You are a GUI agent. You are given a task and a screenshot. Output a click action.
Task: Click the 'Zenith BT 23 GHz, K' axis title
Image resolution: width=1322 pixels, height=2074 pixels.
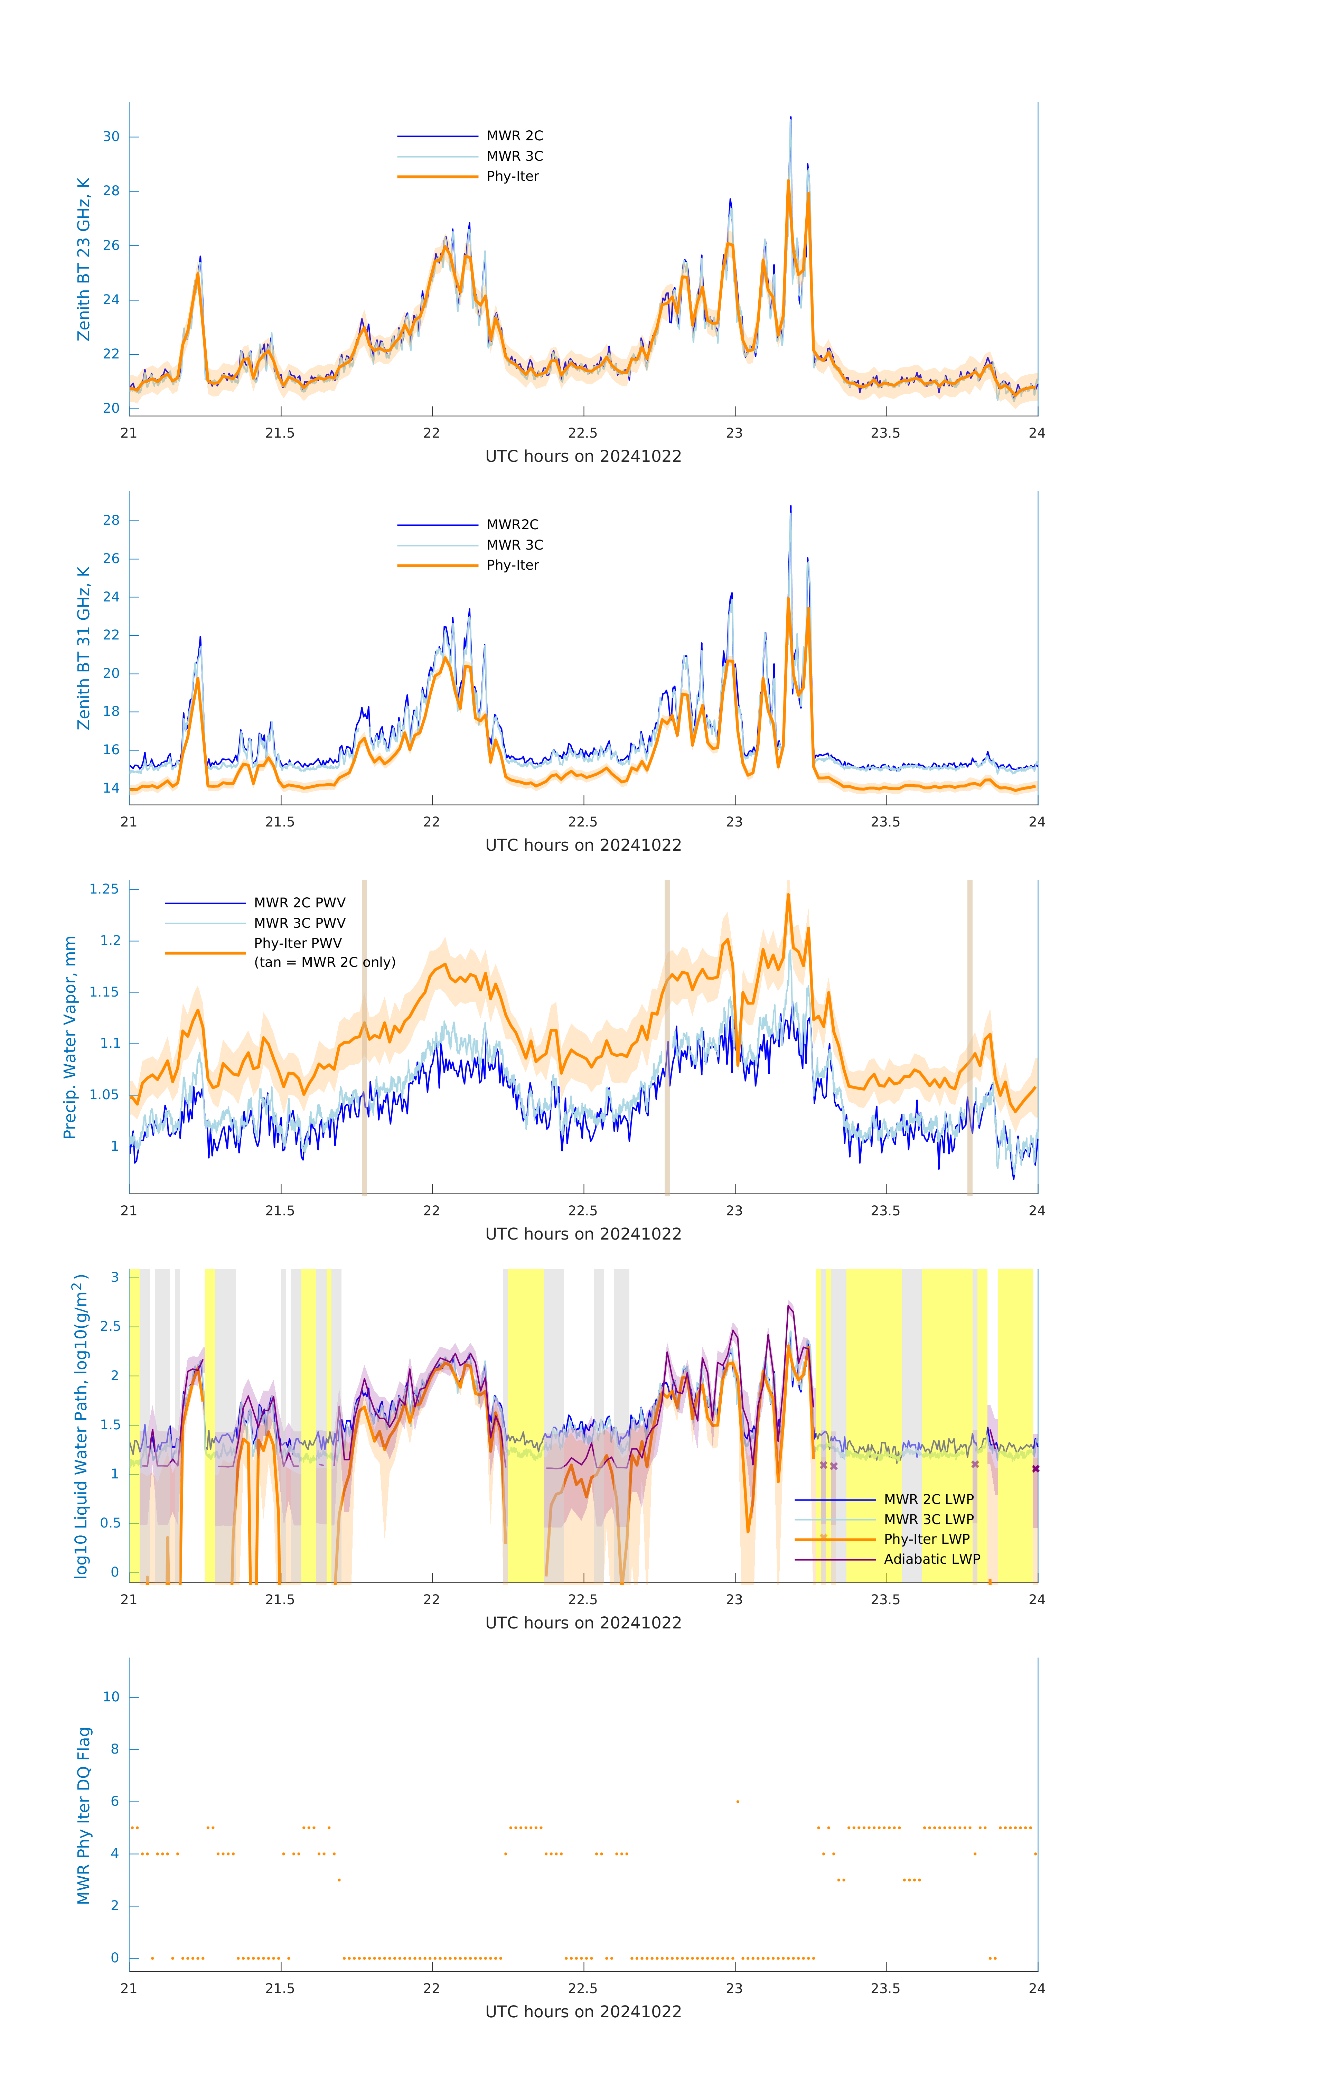[x=84, y=259]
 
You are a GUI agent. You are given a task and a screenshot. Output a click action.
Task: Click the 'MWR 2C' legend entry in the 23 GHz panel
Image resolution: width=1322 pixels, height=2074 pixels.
[x=514, y=136]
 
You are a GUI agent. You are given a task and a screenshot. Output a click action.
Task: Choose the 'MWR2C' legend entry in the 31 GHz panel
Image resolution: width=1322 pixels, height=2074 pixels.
[x=513, y=524]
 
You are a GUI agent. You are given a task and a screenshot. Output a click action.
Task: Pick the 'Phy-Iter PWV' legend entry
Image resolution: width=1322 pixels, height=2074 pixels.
[x=297, y=943]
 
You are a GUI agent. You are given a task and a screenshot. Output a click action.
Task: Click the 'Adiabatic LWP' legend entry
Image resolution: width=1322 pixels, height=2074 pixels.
[x=932, y=1559]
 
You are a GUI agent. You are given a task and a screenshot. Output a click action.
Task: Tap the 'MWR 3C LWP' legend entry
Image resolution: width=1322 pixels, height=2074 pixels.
[x=928, y=1519]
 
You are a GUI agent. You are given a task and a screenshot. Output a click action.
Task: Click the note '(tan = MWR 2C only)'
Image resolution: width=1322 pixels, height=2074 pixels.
[x=325, y=962]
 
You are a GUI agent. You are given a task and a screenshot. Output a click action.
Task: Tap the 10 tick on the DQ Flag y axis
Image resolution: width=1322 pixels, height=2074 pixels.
[x=111, y=1697]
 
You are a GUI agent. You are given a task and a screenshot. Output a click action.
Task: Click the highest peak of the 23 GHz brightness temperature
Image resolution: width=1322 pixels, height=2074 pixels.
[x=791, y=118]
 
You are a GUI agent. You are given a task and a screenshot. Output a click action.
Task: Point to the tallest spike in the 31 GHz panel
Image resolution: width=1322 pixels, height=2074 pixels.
[x=791, y=507]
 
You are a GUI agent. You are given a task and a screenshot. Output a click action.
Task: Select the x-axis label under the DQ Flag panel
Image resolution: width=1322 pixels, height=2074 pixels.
[x=583, y=2012]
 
